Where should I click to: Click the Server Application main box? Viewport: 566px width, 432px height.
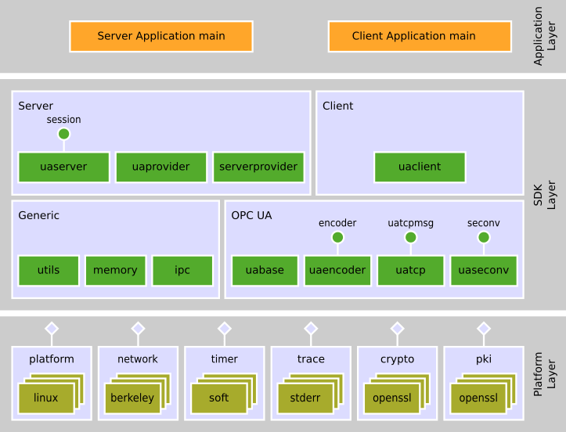click(x=161, y=36)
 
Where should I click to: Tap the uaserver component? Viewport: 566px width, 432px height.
click(x=63, y=167)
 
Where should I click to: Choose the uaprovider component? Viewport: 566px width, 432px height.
click(x=160, y=167)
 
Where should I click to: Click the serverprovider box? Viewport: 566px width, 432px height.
click(x=258, y=167)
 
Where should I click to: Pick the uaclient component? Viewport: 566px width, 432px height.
click(x=420, y=167)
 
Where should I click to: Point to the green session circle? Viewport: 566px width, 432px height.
click(x=64, y=134)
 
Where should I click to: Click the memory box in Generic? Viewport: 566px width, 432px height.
click(x=115, y=270)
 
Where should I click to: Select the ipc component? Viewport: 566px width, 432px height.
click(x=182, y=270)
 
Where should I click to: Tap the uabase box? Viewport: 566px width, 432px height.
click(x=265, y=270)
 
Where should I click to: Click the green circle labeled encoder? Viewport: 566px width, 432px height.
click(x=337, y=237)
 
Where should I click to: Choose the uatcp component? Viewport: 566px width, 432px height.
click(x=410, y=270)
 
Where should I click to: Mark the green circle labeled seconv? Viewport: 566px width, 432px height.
click(x=484, y=237)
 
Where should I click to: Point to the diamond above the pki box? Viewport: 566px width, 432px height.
click(x=484, y=328)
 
